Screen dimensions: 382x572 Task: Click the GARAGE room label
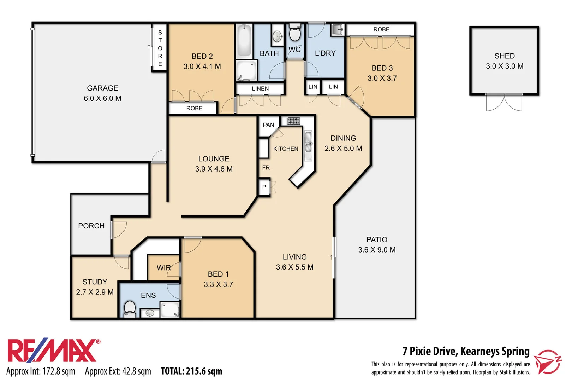[x=102, y=88]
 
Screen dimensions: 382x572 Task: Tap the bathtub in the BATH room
[x=244, y=40]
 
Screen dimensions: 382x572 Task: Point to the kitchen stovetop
[x=293, y=121]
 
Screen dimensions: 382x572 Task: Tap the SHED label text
[x=504, y=56]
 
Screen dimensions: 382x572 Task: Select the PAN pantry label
[x=268, y=125]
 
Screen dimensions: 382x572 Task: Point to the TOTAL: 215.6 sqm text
[x=191, y=371]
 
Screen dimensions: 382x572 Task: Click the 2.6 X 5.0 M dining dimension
[x=343, y=149]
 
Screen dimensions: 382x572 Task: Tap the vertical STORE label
[x=160, y=48]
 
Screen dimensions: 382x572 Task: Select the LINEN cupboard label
[x=260, y=89]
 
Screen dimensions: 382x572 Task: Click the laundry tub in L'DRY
[x=338, y=30]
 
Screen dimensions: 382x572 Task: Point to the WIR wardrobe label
[x=163, y=268]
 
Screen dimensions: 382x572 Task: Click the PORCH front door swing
[x=119, y=229]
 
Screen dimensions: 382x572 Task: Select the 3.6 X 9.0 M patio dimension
[x=377, y=250]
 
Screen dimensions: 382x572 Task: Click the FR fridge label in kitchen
[x=266, y=168]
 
